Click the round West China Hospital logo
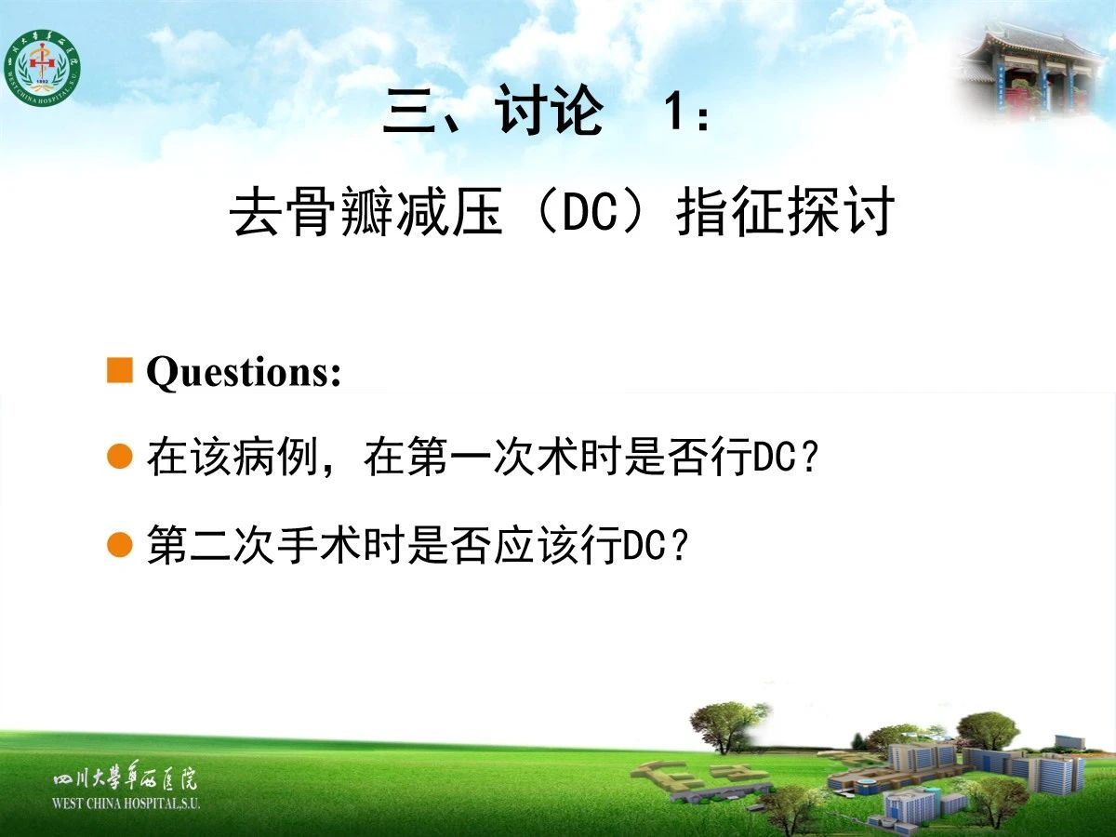pos(42,68)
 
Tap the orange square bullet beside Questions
pos(120,370)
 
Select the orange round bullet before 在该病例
pos(120,456)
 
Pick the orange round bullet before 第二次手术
pos(120,545)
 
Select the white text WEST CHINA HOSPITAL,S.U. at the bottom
pos(126,804)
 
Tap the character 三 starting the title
pos(409,112)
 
